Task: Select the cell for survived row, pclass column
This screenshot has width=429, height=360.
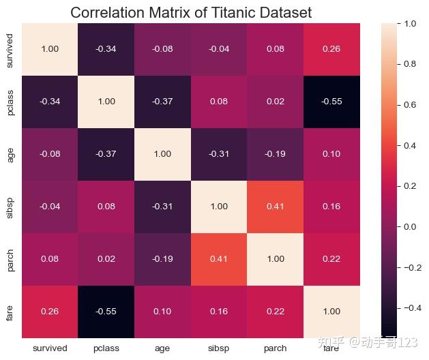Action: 106,49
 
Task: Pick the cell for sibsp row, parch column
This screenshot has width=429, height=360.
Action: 274,207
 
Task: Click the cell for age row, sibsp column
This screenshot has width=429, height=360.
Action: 218,154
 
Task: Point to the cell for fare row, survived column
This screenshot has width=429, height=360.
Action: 50,311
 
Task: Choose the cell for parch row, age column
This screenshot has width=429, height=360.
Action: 162,259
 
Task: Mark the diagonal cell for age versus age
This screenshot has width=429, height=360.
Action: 162,154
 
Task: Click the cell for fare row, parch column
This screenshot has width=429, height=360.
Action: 274,311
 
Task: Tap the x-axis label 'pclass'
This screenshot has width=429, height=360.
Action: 106,348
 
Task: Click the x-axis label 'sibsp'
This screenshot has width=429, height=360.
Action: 218,348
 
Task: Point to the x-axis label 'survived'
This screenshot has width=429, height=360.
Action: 50,348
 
